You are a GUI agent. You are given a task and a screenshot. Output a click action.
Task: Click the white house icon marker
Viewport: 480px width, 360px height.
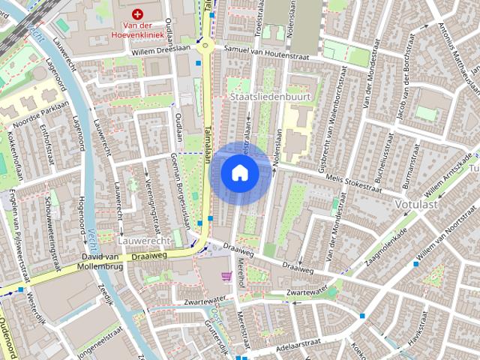pyautogui.click(x=240, y=173)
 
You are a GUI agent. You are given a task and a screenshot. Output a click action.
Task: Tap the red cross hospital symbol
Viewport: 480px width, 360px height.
pyautogui.click(x=137, y=13)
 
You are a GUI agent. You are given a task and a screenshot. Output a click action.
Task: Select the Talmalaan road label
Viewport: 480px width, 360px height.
pyautogui.click(x=208, y=138)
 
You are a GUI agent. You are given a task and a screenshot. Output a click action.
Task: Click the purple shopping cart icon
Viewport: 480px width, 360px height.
pyautogui.click(x=226, y=276)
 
